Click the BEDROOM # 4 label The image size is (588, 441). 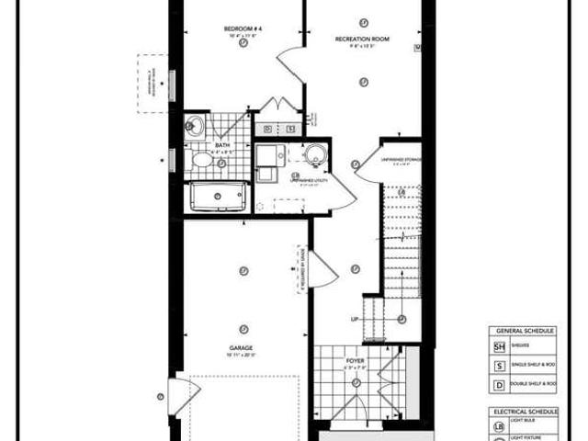pyautogui.click(x=243, y=28)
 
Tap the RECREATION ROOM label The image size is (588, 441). pyautogui.click(x=364, y=40)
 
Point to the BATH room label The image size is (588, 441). pyautogui.click(x=222, y=145)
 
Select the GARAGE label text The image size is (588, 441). pyautogui.click(x=243, y=347)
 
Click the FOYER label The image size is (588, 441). pyautogui.click(x=355, y=362)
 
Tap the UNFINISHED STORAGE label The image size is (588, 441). pyautogui.click(x=401, y=160)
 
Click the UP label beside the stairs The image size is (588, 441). pyautogui.click(x=355, y=320)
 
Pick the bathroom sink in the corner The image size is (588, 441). pyautogui.click(x=195, y=128)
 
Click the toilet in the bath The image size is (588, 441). pyautogui.click(x=204, y=162)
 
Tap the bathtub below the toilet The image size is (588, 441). pyautogui.click(x=217, y=198)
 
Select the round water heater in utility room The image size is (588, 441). pyautogui.click(x=314, y=153)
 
